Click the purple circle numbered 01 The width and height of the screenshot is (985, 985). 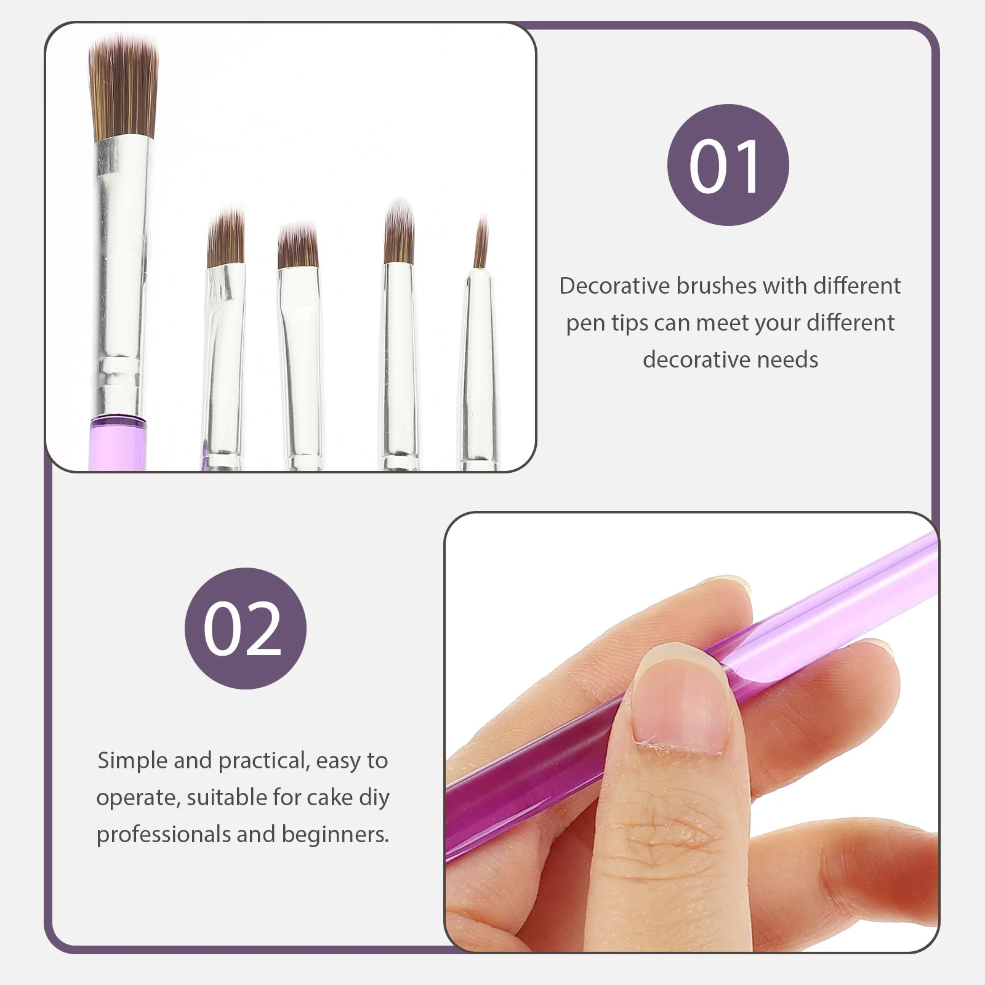coord(728,165)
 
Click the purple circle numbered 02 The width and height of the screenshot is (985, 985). coord(245,628)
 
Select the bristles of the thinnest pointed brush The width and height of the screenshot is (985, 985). coord(481,243)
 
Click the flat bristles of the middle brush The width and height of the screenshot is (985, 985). coord(298,246)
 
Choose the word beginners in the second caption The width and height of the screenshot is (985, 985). coord(335,834)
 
